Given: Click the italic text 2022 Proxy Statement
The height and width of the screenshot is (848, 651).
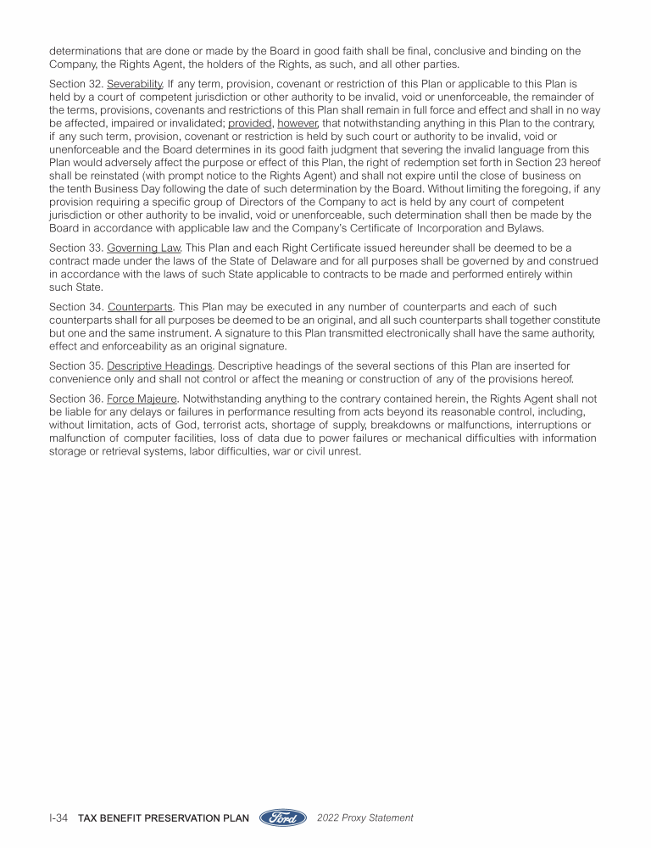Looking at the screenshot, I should (365, 818).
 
